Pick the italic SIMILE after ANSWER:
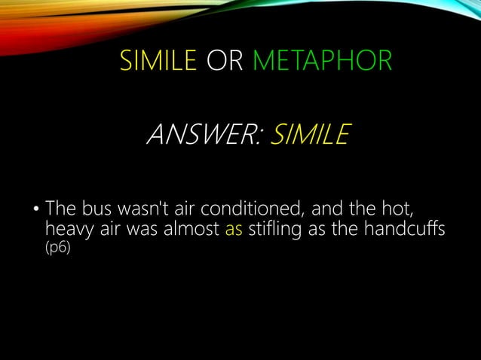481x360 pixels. [308, 137]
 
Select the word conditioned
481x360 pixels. [258, 207]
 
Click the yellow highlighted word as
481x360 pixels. [234, 228]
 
